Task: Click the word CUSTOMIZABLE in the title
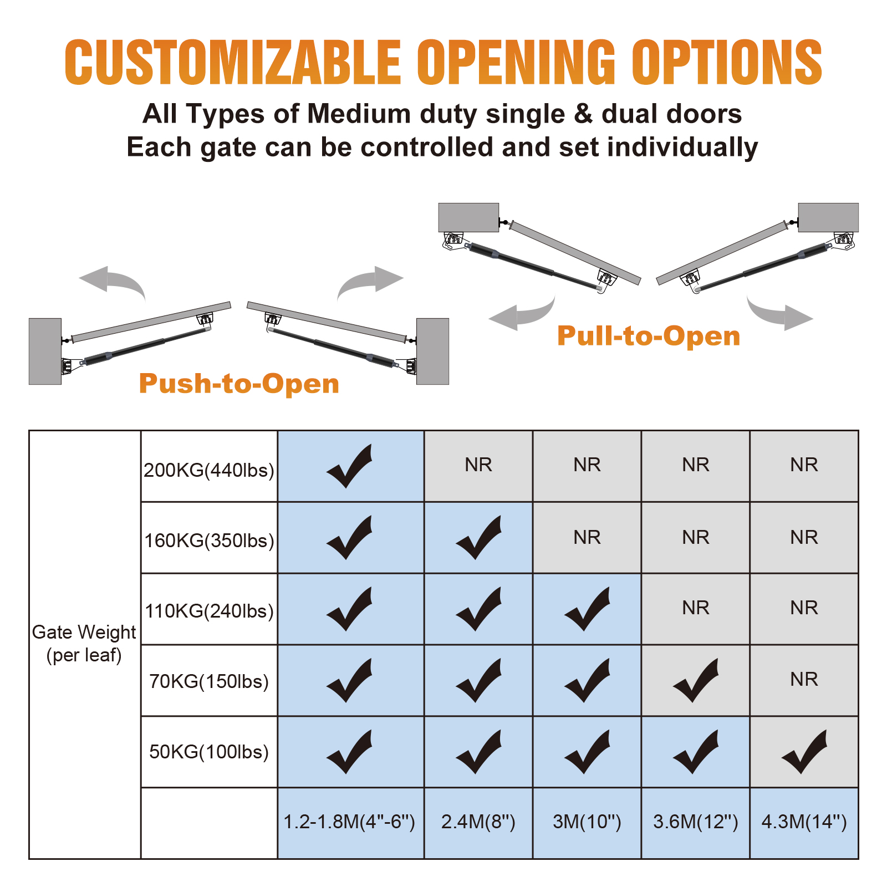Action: pyautogui.click(x=233, y=62)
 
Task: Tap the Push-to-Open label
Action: pyautogui.click(x=239, y=383)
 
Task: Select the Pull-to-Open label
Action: pyautogui.click(x=649, y=335)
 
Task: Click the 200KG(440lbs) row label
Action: pyautogui.click(x=209, y=470)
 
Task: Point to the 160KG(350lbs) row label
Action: pyautogui.click(x=209, y=541)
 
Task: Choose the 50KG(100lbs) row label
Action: pyautogui.click(x=209, y=752)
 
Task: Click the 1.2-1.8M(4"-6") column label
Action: pyautogui.click(x=349, y=821)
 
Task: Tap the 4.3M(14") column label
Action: pyautogui.click(x=804, y=821)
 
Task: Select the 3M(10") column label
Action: pyautogui.click(x=587, y=821)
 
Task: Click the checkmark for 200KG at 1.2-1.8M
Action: pyautogui.click(x=349, y=467)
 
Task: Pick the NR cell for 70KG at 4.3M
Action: pyautogui.click(x=804, y=679)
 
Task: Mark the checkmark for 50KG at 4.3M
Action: pyautogui.click(x=804, y=753)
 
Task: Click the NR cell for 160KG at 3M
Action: pyautogui.click(x=587, y=537)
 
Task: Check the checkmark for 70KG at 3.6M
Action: pyautogui.click(x=695, y=681)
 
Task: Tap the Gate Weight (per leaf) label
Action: pyautogui.click(x=84, y=644)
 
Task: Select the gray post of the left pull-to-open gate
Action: pyautogui.click(x=468, y=217)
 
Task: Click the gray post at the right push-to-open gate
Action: pyautogui.click(x=432, y=351)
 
